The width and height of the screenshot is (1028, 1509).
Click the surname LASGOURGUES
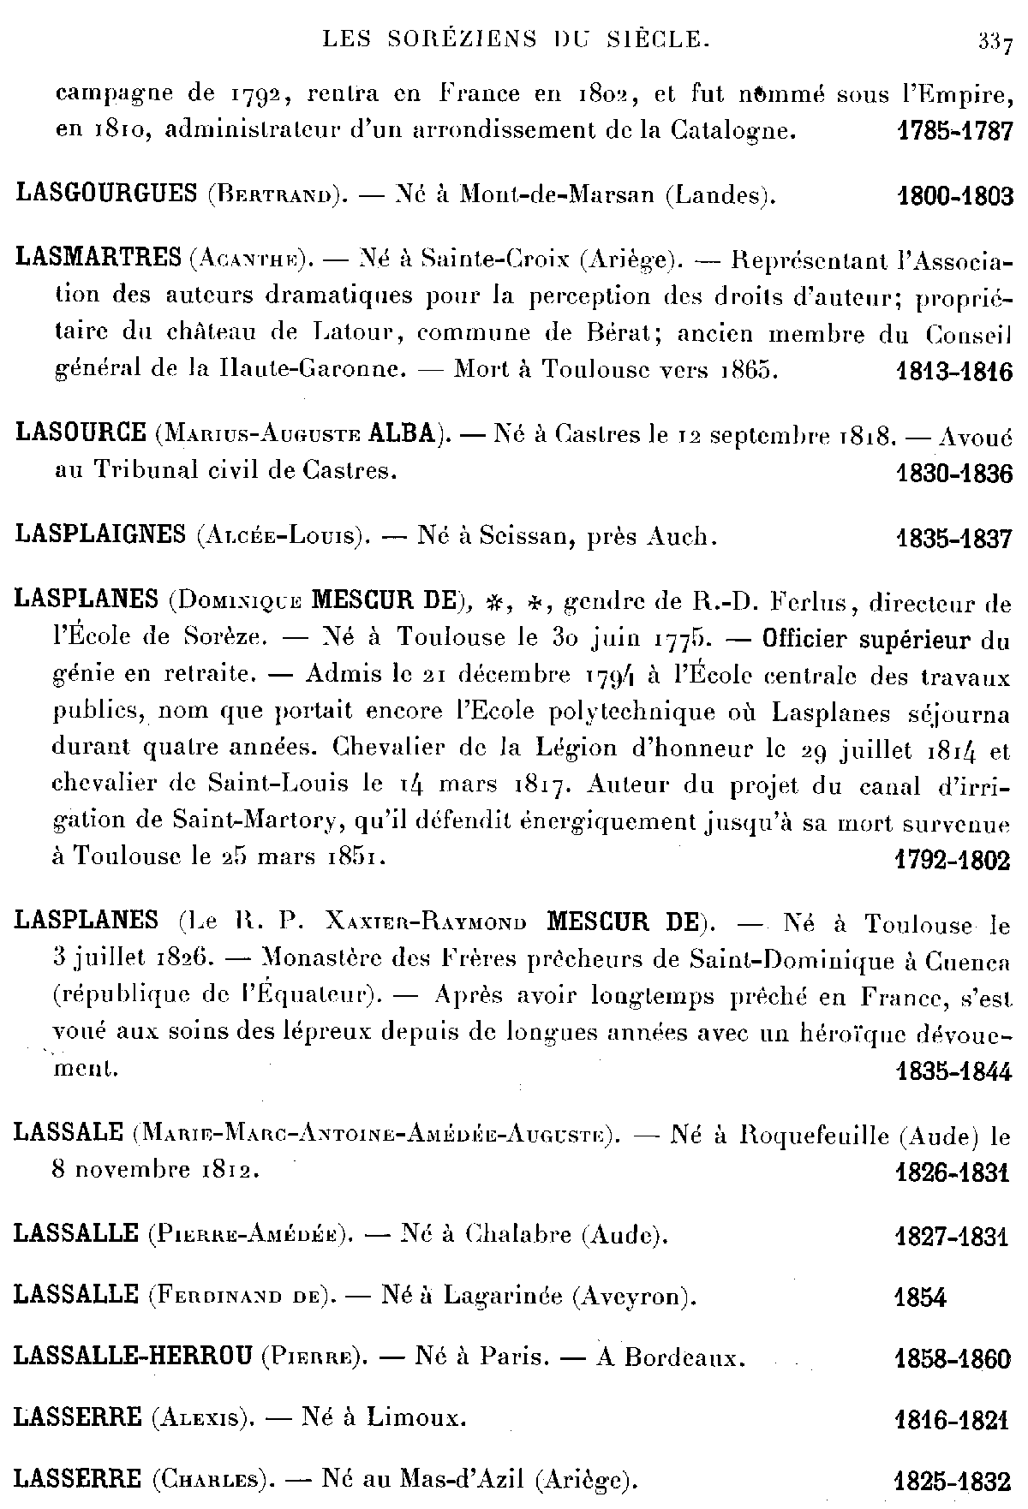(106, 194)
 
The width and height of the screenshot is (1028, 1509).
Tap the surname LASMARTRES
(99, 256)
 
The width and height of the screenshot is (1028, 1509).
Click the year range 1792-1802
(952, 860)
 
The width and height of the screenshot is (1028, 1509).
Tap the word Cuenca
(966, 961)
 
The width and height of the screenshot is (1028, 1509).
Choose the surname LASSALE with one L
(68, 1132)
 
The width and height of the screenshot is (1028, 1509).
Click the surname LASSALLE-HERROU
(133, 1357)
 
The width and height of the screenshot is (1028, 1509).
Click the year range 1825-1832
(953, 1482)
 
